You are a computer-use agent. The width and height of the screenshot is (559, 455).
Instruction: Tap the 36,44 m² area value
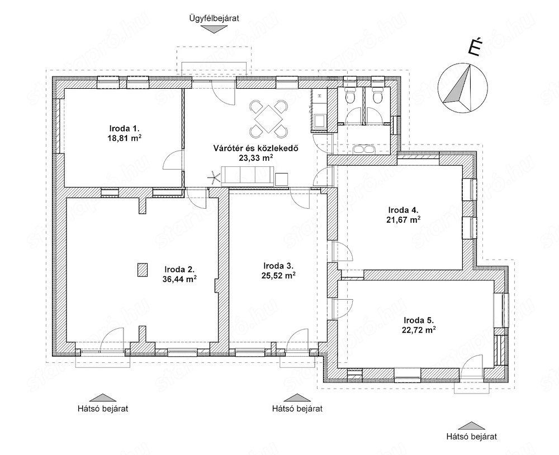[x=179, y=279]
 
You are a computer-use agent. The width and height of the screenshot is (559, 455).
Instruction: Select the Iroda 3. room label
[x=278, y=266]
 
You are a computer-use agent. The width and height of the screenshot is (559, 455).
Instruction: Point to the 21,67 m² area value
[x=403, y=219]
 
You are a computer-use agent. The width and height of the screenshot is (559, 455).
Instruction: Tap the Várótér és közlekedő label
[x=255, y=148]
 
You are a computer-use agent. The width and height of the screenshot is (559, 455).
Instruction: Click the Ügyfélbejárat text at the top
[x=214, y=18]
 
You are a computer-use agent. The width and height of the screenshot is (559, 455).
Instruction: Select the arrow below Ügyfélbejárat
[x=214, y=30]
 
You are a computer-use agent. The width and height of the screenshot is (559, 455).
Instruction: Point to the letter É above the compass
[x=474, y=47]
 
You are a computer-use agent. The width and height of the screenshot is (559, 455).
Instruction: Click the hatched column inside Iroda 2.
[x=143, y=270]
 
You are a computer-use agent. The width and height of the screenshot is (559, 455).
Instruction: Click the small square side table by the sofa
[x=282, y=179]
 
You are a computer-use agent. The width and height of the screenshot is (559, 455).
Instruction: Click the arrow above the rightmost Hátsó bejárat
[x=471, y=425]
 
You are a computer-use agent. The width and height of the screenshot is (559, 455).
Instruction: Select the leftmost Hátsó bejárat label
[x=103, y=408]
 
